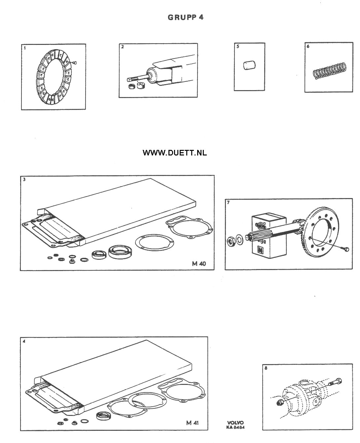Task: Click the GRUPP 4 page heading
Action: (185, 17)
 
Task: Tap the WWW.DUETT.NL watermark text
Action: (175, 153)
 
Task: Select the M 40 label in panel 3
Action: (199, 264)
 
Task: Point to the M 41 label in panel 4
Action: (193, 423)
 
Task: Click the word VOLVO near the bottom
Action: (235, 423)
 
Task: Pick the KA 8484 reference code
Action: (235, 427)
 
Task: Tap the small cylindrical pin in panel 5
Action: (249, 65)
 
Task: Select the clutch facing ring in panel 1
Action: (54, 77)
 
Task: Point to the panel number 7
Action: (228, 202)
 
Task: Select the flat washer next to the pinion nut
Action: (239, 240)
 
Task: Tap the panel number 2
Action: (122, 47)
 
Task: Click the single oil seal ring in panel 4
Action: (103, 415)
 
